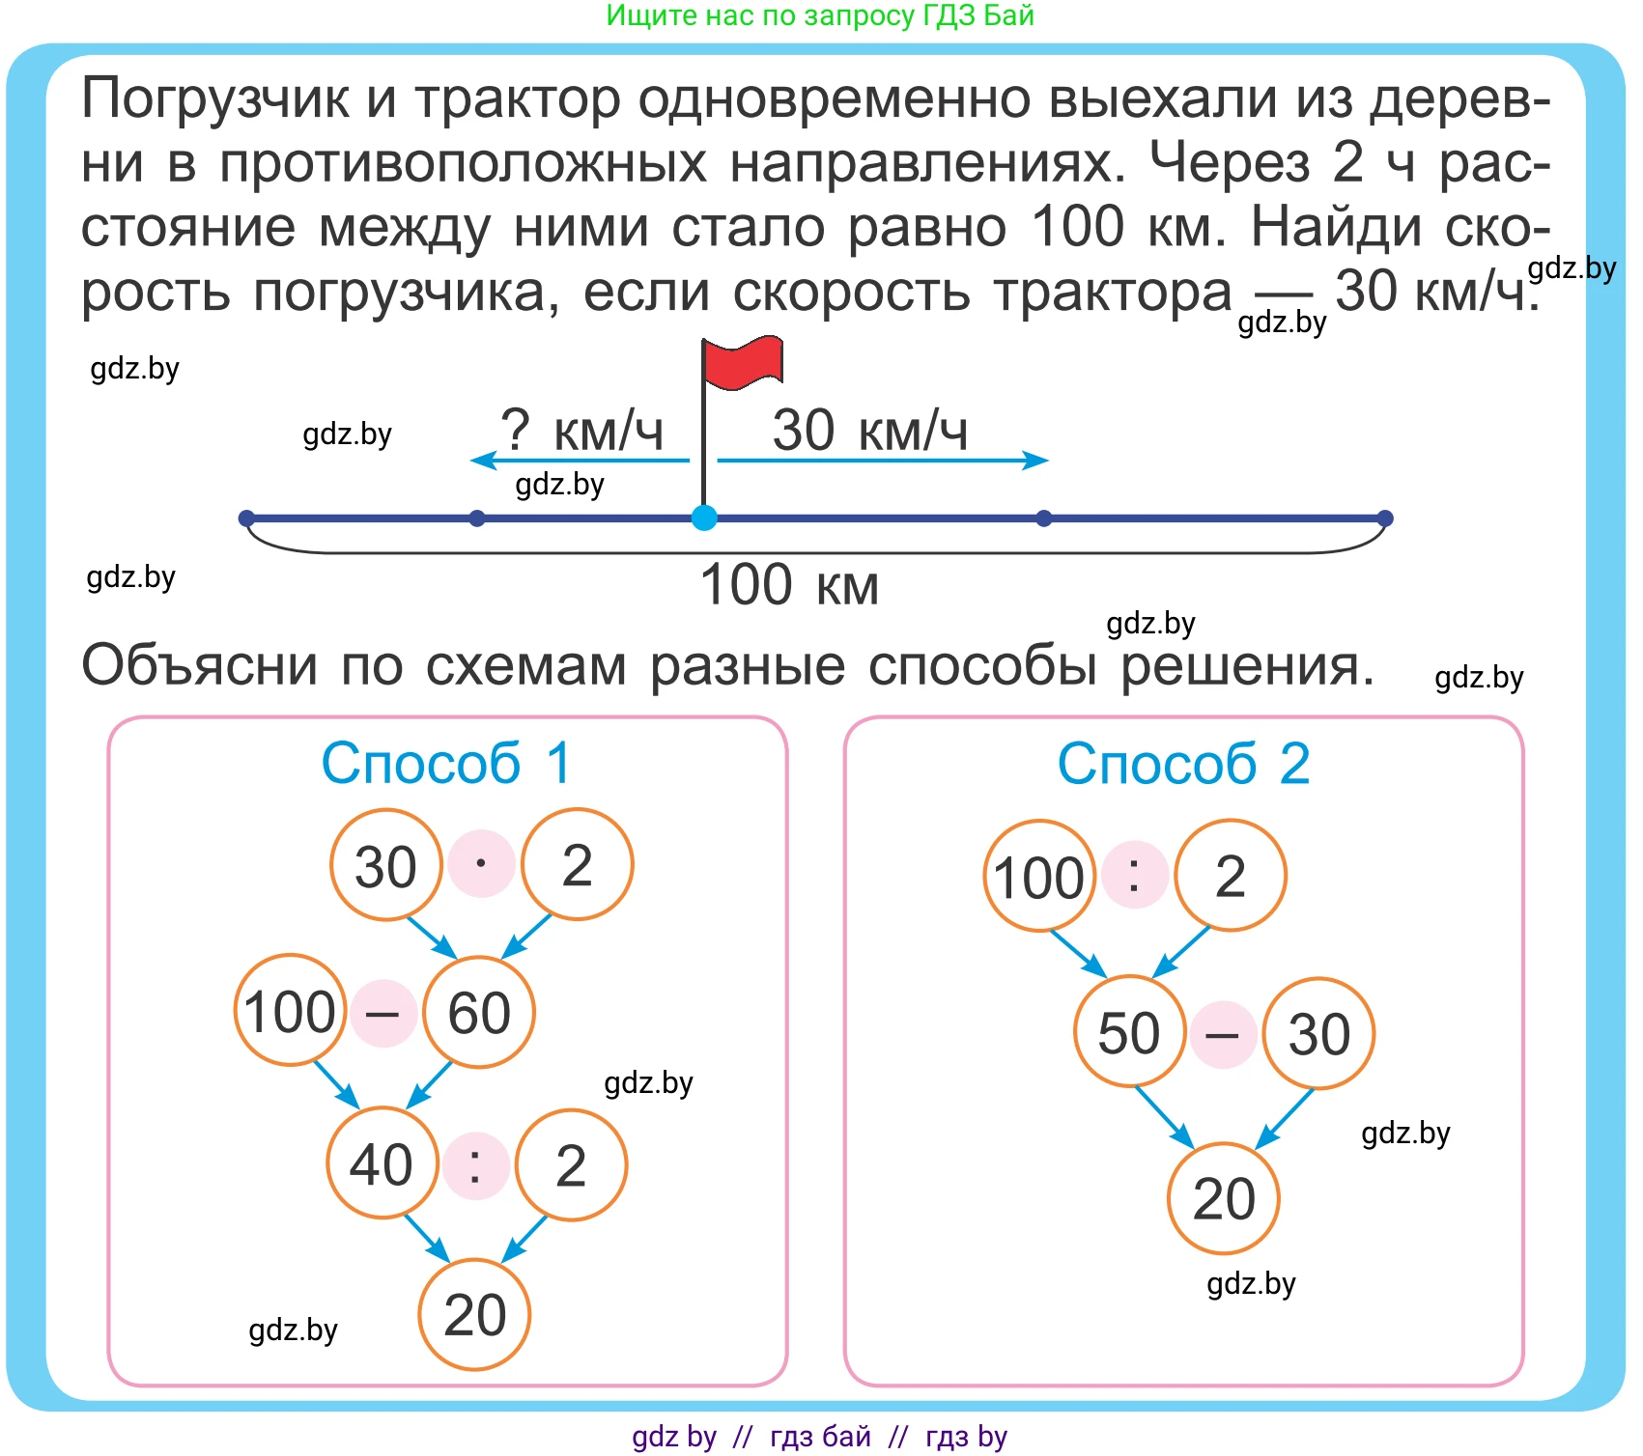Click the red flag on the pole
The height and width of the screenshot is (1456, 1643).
pyautogui.click(x=743, y=362)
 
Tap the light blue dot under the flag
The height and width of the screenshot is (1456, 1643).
pyautogui.click(x=704, y=518)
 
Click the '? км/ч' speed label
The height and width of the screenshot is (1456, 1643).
pyautogui.click(x=581, y=431)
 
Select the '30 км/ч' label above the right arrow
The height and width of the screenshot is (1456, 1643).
pyautogui.click(x=869, y=431)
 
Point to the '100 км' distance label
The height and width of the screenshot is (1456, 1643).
pyautogui.click(x=789, y=585)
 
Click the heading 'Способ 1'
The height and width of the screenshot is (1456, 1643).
pyautogui.click(x=446, y=764)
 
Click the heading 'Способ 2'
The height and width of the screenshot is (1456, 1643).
pyautogui.click(x=1183, y=764)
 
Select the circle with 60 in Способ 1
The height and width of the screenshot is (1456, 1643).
pyautogui.click(x=479, y=1012)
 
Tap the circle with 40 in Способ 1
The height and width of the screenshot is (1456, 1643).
pyautogui.click(x=382, y=1162)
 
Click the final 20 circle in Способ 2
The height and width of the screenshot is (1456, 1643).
pyautogui.click(x=1224, y=1198)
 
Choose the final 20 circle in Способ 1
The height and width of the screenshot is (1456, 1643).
pyautogui.click(x=474, y=1314)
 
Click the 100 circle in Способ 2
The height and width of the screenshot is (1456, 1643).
pyautogui.click(x=1040, y=876)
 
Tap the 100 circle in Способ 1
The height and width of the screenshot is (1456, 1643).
pyautogui.click(x=291, y=1010)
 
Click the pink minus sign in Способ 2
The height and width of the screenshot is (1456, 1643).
pyautogui.click(x=1223, y=1035)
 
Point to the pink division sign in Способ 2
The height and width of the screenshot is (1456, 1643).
pyautogui.click(x=1135, y=875)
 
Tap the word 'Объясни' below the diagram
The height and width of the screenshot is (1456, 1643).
pyautogui.click(x=200, y=666)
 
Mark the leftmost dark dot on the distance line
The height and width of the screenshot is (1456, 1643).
pyautogui.click(x=246, y=518)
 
